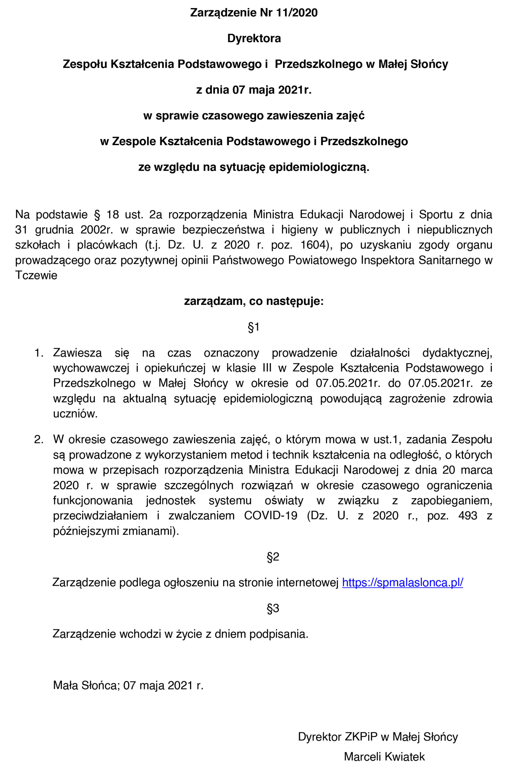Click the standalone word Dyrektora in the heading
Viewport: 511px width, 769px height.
click(254, 38)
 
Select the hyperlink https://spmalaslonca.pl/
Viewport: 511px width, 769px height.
click(402, 582)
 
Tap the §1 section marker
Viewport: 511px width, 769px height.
click(254, 327)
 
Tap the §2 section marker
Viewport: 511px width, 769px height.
click(273, 557)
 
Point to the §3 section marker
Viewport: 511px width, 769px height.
click(273, 608)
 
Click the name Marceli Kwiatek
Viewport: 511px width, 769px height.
click(384, 756)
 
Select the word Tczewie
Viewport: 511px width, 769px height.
click(36, 275)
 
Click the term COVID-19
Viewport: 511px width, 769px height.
click(270, 515)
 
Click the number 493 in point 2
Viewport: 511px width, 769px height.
click(468, 515)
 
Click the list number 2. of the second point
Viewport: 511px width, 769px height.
click(38, 440)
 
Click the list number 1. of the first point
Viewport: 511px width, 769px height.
click(38, 353)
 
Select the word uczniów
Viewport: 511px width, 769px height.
click(75, 414)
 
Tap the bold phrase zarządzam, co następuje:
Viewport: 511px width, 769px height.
click(254, 301)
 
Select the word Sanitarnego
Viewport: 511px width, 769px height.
click(449, 260)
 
